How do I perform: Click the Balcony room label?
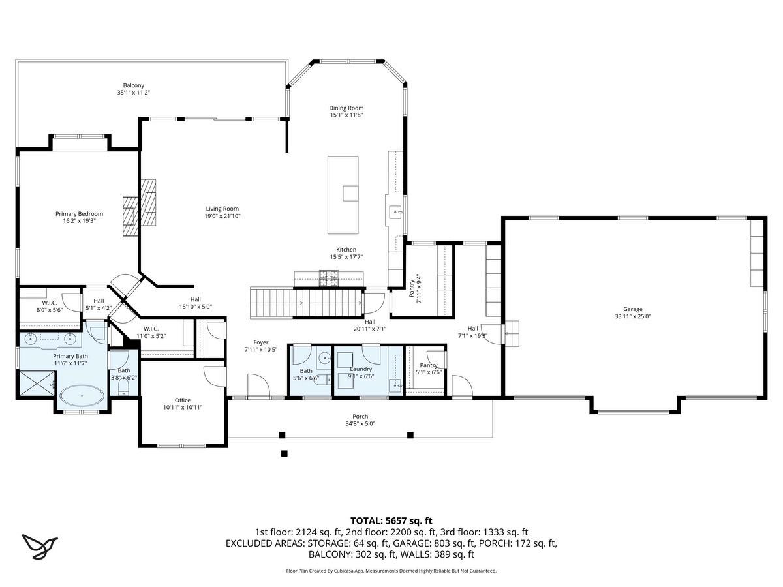click(x=133, y=85)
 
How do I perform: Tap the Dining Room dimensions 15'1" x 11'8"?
click(x=346, y=115)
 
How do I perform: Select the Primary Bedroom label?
click(x=79, y=214)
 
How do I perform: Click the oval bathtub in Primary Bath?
click(x=82, y=396)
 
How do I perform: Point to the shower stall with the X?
click(x=37, y=383)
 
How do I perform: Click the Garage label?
click(x=633, y=309)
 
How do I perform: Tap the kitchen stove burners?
click(x=329, y=278)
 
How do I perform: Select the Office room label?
click(x=183, y=400)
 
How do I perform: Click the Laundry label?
click(x=361, y=369)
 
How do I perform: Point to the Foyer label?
click(x=261, y=342)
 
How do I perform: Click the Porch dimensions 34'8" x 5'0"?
click(x=360, y=424)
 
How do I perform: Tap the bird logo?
click(x=40, y=546)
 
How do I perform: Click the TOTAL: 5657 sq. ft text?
click(x=391, y=520)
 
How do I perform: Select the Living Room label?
click(x=223, y=209)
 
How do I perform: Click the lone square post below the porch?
click(x=284, y=453)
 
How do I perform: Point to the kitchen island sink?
click(x=350, y=193)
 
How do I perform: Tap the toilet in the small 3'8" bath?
click(x=124, y=387)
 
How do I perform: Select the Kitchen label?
click(x=346, y=250)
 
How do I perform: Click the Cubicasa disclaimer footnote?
click(x=391, y=571)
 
